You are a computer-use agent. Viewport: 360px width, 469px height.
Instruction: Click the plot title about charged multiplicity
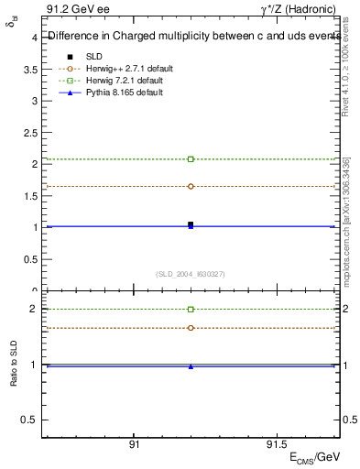[192, 37]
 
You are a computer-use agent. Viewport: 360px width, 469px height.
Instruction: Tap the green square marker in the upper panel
[191, 159]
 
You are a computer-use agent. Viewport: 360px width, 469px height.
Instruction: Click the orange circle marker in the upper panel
[191, 186]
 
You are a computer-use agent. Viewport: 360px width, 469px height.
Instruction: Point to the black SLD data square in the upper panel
[191, 224]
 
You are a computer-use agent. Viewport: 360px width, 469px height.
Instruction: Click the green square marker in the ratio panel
[191, 310]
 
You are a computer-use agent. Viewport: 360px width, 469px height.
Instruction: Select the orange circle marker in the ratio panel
[191, 328]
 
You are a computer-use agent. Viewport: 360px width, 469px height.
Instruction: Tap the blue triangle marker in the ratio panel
[191, 366]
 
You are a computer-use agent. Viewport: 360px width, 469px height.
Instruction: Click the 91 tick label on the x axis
[134, 442]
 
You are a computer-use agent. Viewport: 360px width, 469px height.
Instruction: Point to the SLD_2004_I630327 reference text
[191, 273]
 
